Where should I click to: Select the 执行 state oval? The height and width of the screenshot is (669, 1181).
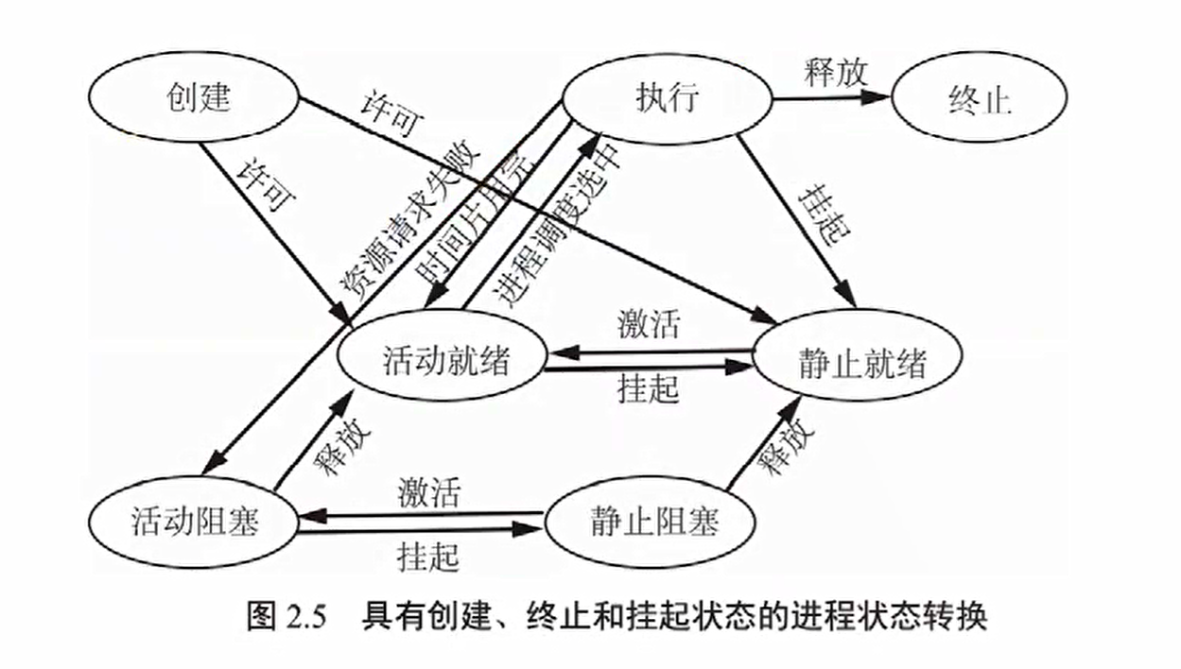[667, 97]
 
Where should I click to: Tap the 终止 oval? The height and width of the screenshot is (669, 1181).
[979, 99]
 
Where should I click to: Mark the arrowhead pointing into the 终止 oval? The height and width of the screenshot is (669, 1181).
[883, 96]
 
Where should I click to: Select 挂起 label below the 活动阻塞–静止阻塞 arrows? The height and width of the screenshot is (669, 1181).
[428, 555]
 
